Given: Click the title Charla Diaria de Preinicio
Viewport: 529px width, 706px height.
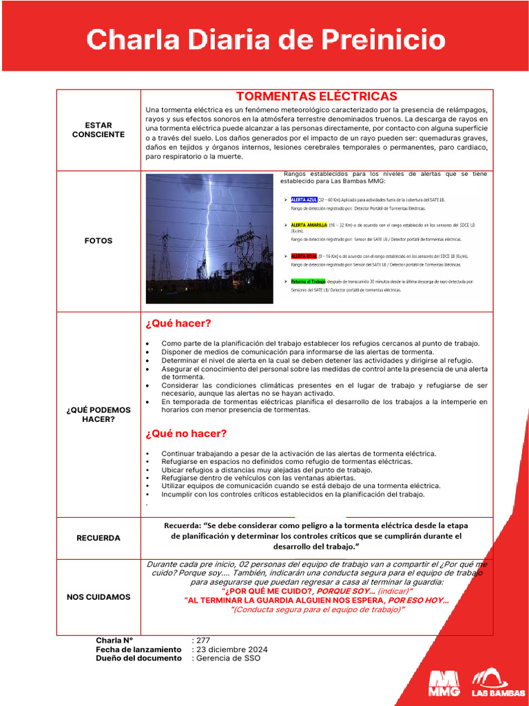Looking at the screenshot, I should coord(265,39).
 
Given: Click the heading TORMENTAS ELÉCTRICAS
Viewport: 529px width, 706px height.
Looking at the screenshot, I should coord(316,97).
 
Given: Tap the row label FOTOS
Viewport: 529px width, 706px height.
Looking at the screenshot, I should coord(98,241).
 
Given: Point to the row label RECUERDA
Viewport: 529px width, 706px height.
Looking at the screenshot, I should coord(98,538).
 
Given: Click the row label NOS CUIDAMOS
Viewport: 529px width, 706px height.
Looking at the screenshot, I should coord(98,596).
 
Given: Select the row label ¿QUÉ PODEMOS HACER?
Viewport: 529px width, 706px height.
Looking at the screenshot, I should coord(98,414).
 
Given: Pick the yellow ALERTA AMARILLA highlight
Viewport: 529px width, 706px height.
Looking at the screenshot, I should coord(309,225).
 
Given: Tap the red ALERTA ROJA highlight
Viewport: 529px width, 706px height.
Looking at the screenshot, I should coord(304,256).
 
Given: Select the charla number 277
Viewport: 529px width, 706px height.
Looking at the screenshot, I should coord(203,641).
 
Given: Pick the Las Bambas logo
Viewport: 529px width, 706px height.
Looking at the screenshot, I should coord(490,682).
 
